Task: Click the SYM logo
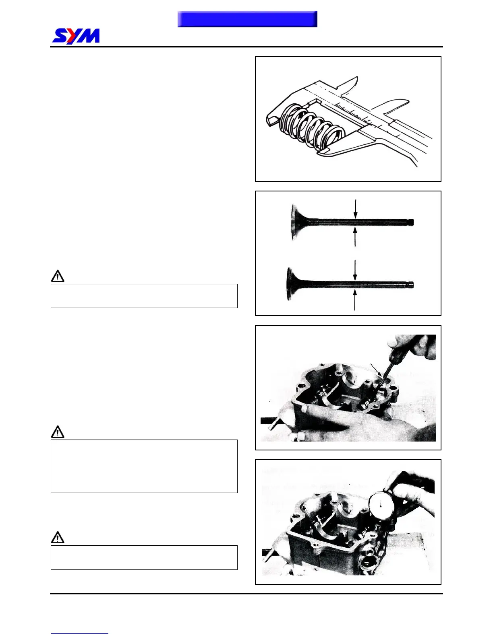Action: click(76, 36)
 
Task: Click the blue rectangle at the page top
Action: click(247, 19)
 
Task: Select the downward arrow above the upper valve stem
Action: click(355, 209)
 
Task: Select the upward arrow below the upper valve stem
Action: click(355, 237)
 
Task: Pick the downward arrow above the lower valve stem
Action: click(355, 270)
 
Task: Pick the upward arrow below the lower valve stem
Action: click(355, 300)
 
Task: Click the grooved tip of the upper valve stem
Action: click(410, 222)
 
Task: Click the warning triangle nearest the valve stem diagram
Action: click(58, 276)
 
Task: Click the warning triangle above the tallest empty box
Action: click(58, 432)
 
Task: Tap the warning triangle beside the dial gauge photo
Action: click(58, 538)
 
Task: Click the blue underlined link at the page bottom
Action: click(80, 633)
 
